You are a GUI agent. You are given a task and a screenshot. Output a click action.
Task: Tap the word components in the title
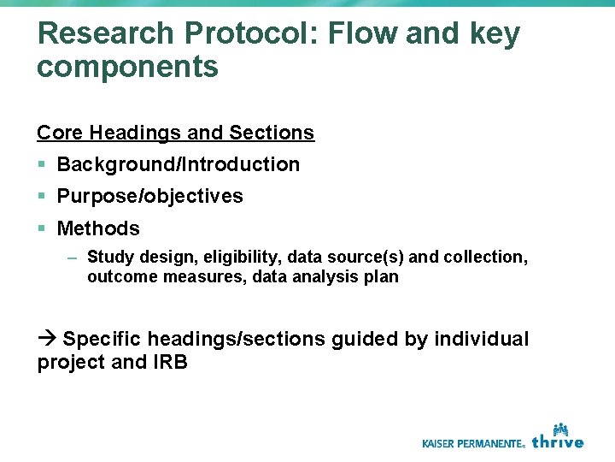[127, 66]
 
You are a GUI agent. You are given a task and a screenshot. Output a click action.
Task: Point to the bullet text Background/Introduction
[178, 164]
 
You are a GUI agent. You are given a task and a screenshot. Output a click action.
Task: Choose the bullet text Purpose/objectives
[149, 196]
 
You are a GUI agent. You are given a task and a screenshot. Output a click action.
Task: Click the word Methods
[97, 228]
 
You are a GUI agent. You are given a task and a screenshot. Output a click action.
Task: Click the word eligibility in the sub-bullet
[246, 257]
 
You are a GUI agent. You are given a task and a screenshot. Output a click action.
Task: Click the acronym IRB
[170, 362]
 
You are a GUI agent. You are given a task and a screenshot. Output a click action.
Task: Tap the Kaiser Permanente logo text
[473, 443]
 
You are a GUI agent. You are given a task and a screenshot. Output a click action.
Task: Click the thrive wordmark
[558, 441]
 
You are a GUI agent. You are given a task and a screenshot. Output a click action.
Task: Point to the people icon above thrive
[560, 428]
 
